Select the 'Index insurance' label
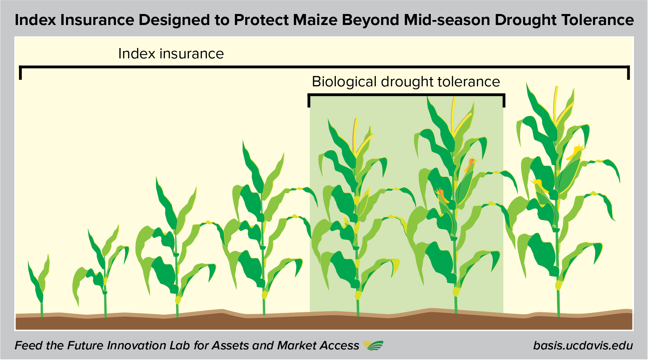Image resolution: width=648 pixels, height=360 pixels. pyautogui.click(x=171, y=54)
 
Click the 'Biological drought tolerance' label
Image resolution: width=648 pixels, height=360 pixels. pyautogui.click(x=406, y=82)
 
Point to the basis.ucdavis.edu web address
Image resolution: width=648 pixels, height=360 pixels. pyautogui.click(x=583, y=345)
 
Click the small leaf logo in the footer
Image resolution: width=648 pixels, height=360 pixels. pyautogui.click(x=373, y=345)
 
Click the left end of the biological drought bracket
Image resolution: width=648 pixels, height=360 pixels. pyautogui.click(x=309, y=101)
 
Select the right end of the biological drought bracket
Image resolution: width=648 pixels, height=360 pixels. pyautogui.click(x=504, y=101)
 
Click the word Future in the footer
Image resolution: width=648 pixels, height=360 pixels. pyautogui.click(x=87, y=345)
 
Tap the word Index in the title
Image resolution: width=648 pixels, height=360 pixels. pyautogui.click(x=35, y=20)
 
